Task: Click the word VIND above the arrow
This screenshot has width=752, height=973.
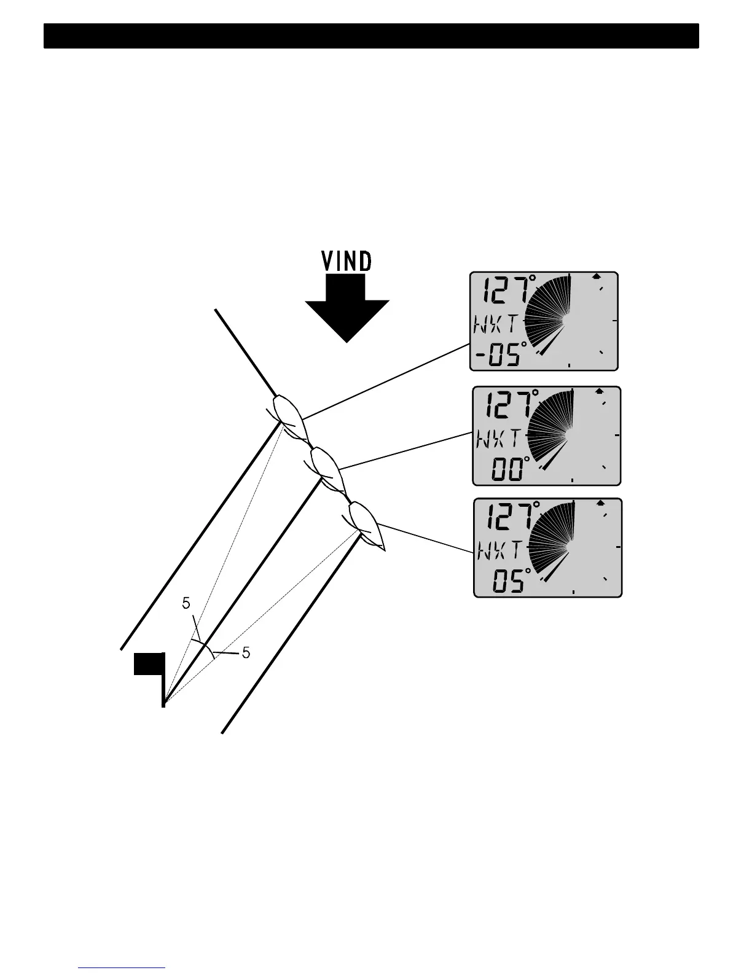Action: point(347,262)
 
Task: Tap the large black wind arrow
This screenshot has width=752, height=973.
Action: point(347,307)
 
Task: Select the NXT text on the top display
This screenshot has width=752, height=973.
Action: point(496,322)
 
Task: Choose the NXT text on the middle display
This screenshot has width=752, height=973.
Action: point(498,438)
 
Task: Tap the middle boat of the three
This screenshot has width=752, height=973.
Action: point(327,469)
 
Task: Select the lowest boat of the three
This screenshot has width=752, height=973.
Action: point(367,524)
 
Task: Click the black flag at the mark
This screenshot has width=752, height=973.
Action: point(149,664)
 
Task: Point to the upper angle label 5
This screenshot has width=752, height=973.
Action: point(186,604)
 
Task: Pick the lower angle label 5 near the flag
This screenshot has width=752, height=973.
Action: point(246,653)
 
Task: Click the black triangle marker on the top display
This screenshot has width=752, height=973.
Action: point(596,276)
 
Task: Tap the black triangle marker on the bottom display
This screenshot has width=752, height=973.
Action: point(601,502)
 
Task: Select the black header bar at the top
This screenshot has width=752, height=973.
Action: point(371,36)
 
